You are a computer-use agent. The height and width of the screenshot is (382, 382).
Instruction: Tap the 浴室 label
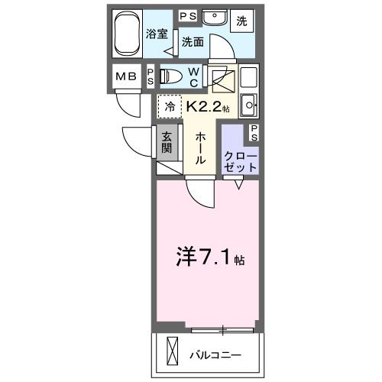pos(156,34)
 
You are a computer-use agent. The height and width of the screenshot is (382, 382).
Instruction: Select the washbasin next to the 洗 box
pos(212,17)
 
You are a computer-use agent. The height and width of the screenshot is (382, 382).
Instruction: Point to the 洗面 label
pos(192,42)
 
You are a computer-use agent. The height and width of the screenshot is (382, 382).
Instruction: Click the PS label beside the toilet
pos(151,76)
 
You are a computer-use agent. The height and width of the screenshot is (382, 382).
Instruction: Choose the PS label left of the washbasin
pos(186,15)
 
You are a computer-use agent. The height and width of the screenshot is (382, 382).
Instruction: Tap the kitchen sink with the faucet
pos(249,104)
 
